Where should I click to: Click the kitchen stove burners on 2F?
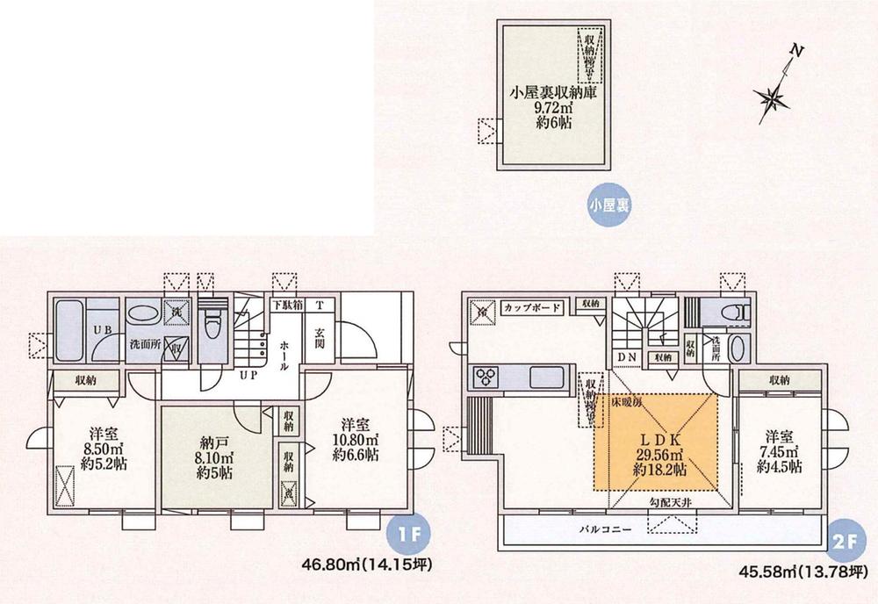click(486, 378)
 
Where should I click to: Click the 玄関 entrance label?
click(320, 338)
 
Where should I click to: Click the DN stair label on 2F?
click(627, 356)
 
